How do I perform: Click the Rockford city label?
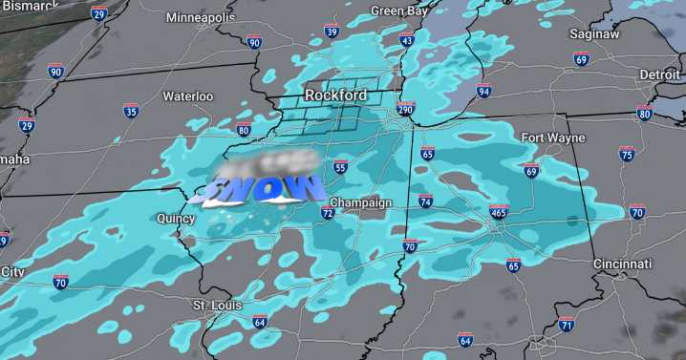[335, 95]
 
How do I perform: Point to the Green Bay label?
[399, 11]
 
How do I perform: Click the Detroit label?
[659, 74]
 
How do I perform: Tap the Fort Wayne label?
[552, 138]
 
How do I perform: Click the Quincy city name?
[177, 219]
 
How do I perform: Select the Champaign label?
[361, 203]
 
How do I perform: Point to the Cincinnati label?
[622, 264]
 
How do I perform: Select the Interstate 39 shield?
[332, 32]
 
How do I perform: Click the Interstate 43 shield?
[407, 40]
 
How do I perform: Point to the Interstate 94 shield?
[484, 92]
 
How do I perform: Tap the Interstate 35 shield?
[130, 112]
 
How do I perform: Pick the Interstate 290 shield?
[405, 111]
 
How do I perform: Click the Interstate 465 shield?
[498, 212]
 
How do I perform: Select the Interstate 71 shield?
[567, 326]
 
